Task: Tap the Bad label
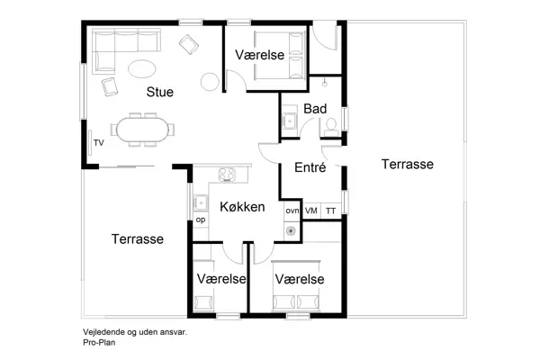[315, 109]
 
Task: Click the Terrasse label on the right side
[407, 164]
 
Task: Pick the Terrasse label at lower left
[137, 239]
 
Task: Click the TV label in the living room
[98, 143]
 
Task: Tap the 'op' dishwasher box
[200, 220]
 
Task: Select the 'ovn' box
[292, 211]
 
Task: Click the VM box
[311, 211]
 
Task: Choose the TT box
[331, 211]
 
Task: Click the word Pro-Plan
[100, 342]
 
